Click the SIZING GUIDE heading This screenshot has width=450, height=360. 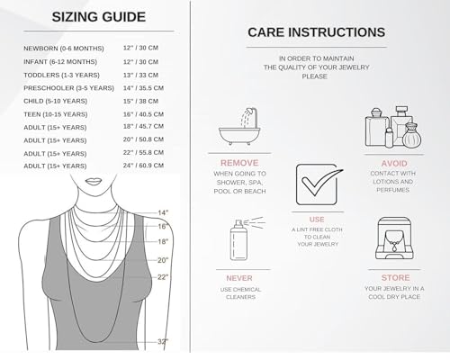click(x=99, y=17)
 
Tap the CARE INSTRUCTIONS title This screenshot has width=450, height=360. click(x=316, y=32)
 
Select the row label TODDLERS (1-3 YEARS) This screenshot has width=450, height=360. click(x=61, y=75)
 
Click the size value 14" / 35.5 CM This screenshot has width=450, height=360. click(x=143, y=88)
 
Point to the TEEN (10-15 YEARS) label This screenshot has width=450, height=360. click(x=56, y=114)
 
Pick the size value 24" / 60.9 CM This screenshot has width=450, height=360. click(x=143, y=166)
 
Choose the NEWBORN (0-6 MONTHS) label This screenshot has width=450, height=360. click(x=64, y=49)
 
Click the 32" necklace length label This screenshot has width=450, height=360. click(x=163, y=341)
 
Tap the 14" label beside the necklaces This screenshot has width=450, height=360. click(x=163, y=212)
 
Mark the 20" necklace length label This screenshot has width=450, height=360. click(x=163, y=260)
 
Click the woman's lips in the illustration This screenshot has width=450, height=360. click(x=94, y=182)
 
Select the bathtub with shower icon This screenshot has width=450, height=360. click(x=239, y=126)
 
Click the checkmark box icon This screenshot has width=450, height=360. click(x=319, y=184)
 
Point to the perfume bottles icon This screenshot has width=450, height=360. click(x=393, y=127)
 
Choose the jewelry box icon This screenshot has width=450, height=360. click(x=394, y=238)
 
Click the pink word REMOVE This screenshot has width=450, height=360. click(x=239, y=163)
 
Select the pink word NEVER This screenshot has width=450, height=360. click(x=239, y=278)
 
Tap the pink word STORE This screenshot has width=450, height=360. click(x=395, y=277)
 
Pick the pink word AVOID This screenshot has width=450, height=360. click(x=394, y=164)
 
